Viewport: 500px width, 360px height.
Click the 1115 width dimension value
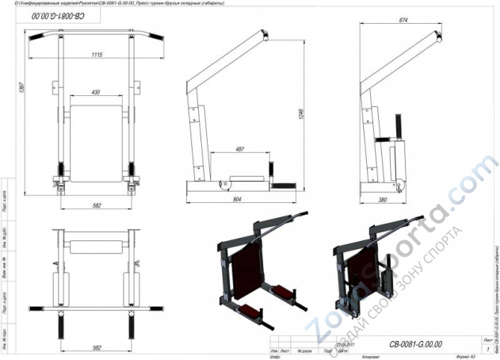tap(97, 55)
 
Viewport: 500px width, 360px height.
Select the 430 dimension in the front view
tap(96, 93)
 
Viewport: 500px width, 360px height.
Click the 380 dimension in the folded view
tap(383, 201)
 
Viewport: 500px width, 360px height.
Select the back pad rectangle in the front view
tap(97, 135)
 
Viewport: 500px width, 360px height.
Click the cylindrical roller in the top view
tap(95, 240)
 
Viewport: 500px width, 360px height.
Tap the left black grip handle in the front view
tap(36, 36)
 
